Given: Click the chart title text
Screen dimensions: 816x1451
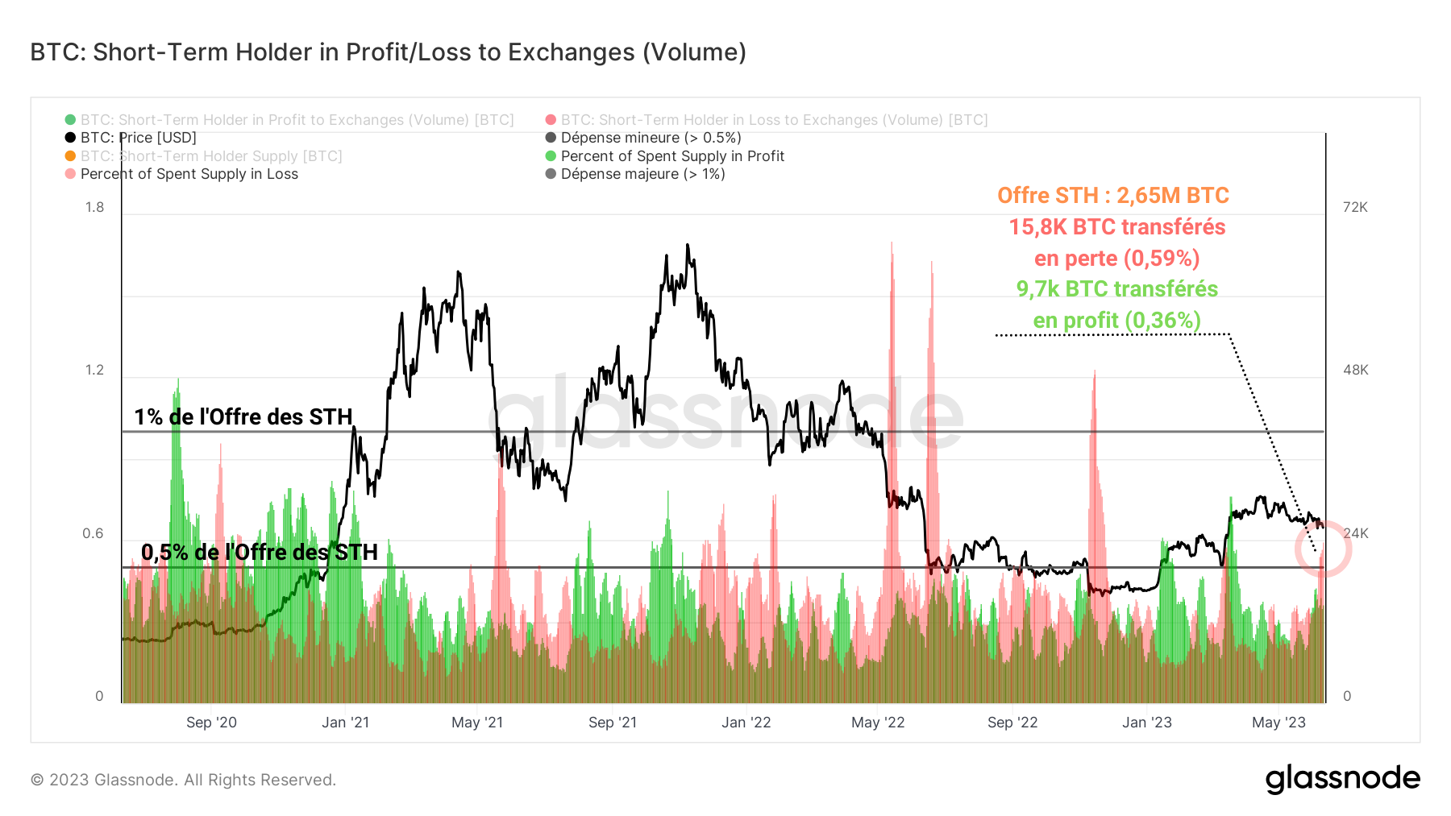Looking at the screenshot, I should [388, 52].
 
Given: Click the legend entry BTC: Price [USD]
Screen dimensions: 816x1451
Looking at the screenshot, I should [138, 138].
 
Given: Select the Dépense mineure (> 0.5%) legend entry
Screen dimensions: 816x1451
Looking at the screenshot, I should [651, 138].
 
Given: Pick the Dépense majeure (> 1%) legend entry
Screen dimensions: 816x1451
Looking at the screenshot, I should [642, 174].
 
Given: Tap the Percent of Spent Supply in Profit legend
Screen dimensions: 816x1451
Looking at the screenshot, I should [672, 156].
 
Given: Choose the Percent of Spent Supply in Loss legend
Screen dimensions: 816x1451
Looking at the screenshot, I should [189, 174].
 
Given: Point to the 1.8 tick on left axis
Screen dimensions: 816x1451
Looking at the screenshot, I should [95, 207].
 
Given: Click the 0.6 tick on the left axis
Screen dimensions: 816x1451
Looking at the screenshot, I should [94, 533].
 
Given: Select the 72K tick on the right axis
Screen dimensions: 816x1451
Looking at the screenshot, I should [1355, 207].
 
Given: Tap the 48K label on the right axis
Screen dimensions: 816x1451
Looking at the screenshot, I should [1355, 370].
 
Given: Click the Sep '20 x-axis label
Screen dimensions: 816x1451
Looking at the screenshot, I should [211, 723].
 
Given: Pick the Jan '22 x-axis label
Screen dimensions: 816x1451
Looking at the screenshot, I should [746, 723].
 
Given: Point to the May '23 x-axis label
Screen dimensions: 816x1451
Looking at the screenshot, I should [1278, 723].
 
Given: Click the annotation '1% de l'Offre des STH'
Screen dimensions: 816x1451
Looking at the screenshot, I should [243, 416].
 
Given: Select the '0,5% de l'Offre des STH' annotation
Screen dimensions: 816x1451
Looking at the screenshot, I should [259, 552].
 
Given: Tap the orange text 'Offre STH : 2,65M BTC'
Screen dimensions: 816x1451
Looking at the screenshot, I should [1112, 196].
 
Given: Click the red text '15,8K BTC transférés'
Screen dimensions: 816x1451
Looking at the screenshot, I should [1116, 227].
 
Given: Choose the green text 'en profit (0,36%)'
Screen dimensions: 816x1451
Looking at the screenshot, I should [1116, 321].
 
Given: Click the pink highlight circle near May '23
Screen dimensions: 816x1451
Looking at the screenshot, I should [1323, 549].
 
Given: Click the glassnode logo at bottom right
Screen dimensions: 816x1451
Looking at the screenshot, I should [1342, 779].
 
